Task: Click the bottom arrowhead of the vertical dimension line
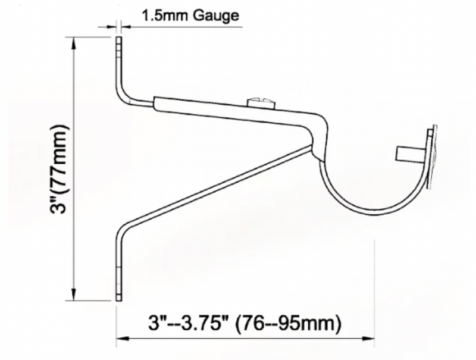[74, 293]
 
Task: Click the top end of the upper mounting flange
[118, 40]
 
